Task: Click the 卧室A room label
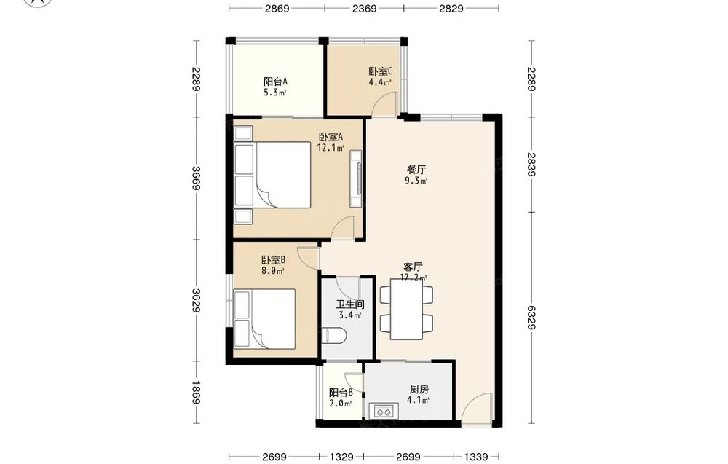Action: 331,137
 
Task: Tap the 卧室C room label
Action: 381,71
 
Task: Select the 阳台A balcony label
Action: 275,82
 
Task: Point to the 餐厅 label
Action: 416,170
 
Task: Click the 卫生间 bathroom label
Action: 350,304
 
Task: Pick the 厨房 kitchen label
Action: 419,389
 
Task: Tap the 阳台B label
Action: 341,393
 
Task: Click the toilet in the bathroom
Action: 333,336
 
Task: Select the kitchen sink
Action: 384,412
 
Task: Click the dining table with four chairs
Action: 406,310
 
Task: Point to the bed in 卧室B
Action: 265,319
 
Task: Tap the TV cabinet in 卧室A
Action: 356,178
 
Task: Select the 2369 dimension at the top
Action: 365,8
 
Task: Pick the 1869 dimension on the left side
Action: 196,393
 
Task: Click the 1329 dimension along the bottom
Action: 341,457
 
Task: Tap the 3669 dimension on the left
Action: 196,178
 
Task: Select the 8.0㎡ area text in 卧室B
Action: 272,271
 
